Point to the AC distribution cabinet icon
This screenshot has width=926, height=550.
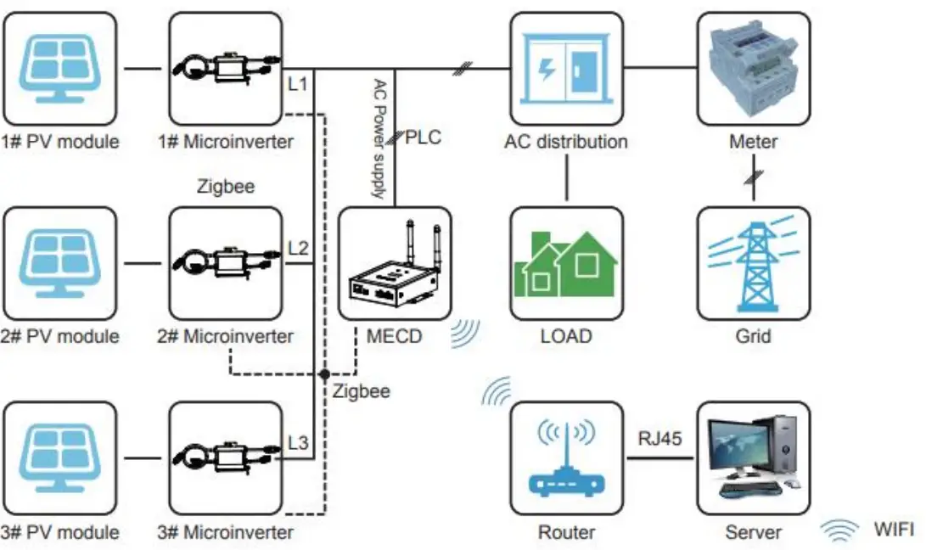565,68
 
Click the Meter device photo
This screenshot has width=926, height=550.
753,68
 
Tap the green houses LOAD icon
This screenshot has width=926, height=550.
565,263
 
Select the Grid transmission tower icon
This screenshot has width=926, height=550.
753,263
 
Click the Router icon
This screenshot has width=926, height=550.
565,458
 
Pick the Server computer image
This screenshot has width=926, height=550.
753,458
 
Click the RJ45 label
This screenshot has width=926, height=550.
659,438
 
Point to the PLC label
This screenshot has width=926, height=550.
423,137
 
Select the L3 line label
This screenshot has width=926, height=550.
298,442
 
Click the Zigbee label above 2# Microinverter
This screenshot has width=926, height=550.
226,186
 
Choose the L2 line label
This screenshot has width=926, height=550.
298,248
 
